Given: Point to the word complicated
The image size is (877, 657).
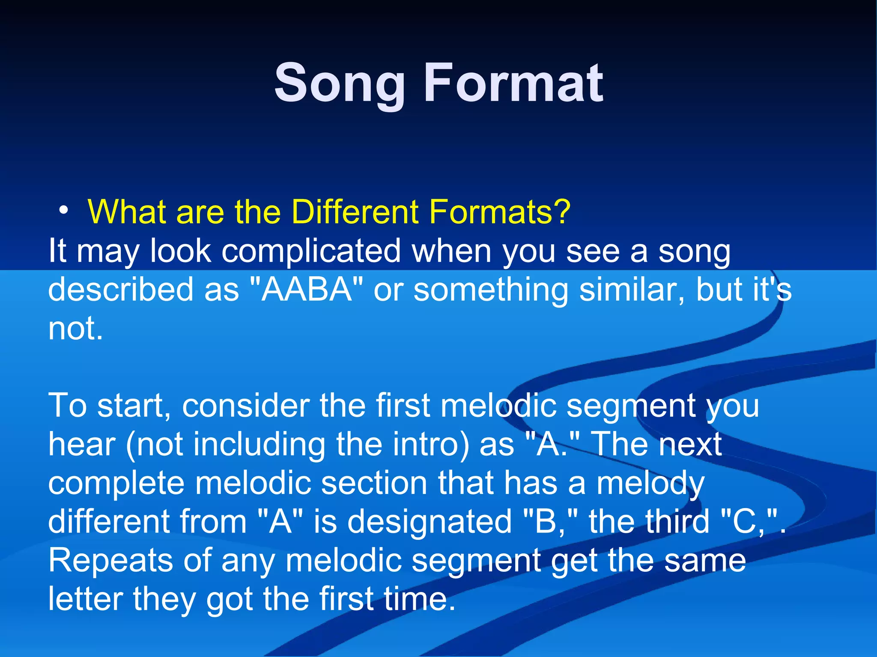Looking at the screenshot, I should (311, 252).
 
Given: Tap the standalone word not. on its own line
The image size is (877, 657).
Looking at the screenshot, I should (75, 328).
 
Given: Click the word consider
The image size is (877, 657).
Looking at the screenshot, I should (246, 405).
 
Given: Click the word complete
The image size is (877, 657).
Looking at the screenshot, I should (116, 483).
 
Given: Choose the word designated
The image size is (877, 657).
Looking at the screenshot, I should (430, 522).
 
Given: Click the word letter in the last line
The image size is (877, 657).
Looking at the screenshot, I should (85, 599).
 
